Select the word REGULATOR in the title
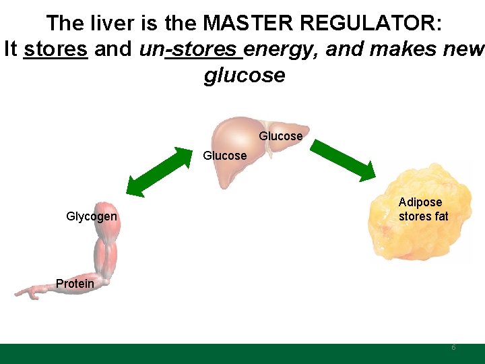[371, 24]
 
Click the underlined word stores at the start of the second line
[55, 49]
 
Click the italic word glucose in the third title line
[244, 75]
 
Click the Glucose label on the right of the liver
[281, 136]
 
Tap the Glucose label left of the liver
[225, 156]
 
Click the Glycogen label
[92, 216]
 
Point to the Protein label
[75, 284]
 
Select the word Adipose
[420, 202]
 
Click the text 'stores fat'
[423, 216]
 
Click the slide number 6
[453, 347]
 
